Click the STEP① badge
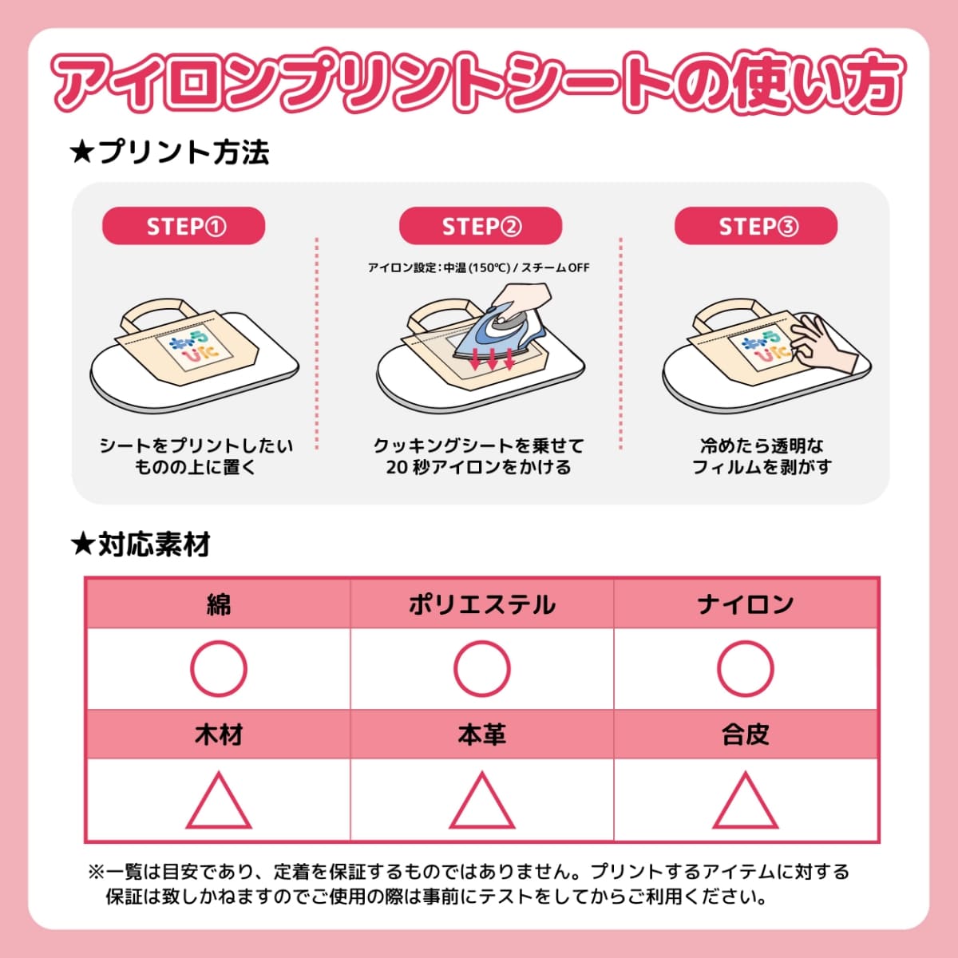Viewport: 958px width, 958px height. (184, 226)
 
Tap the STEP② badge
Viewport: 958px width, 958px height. (481, 226)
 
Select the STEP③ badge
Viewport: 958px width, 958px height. (756, 226)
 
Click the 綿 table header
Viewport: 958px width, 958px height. (218, 604)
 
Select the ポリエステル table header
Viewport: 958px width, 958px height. (481, 604)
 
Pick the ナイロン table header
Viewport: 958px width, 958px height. (746, 604)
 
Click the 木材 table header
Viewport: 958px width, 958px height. (218, 734)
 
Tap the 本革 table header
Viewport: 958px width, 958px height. (481, 734)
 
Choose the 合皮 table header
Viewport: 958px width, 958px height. (746, 734)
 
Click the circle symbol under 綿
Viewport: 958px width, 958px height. (218, 668)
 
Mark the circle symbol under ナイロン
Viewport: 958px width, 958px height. (746, 668)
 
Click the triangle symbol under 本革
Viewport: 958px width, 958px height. (481, 801)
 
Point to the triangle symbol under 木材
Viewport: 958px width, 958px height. (218, 801)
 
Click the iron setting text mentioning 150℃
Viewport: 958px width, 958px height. (478, 267)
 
